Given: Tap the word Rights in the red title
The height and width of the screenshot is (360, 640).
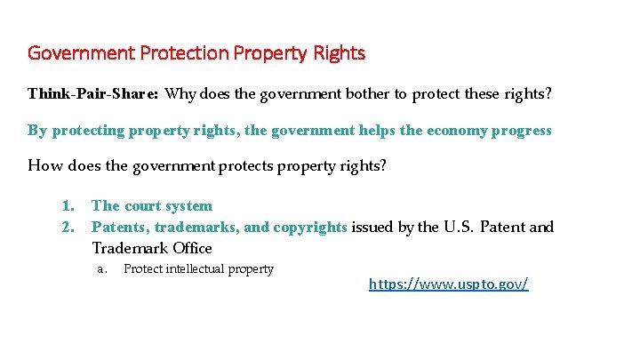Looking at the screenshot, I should [339, 53].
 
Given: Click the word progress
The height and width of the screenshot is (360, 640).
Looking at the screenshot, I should [522, 131].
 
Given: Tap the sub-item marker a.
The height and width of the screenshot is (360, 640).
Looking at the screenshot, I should [102, 269].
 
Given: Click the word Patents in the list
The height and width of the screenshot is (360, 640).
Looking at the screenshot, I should [120, 227].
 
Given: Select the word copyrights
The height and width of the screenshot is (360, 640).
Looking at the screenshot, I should [310, 227].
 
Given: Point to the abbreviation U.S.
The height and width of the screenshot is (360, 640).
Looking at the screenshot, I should [459, 227].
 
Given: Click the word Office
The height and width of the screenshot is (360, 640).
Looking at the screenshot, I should [193, 248].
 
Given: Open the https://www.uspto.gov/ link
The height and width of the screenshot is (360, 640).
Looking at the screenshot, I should [449, 284].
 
